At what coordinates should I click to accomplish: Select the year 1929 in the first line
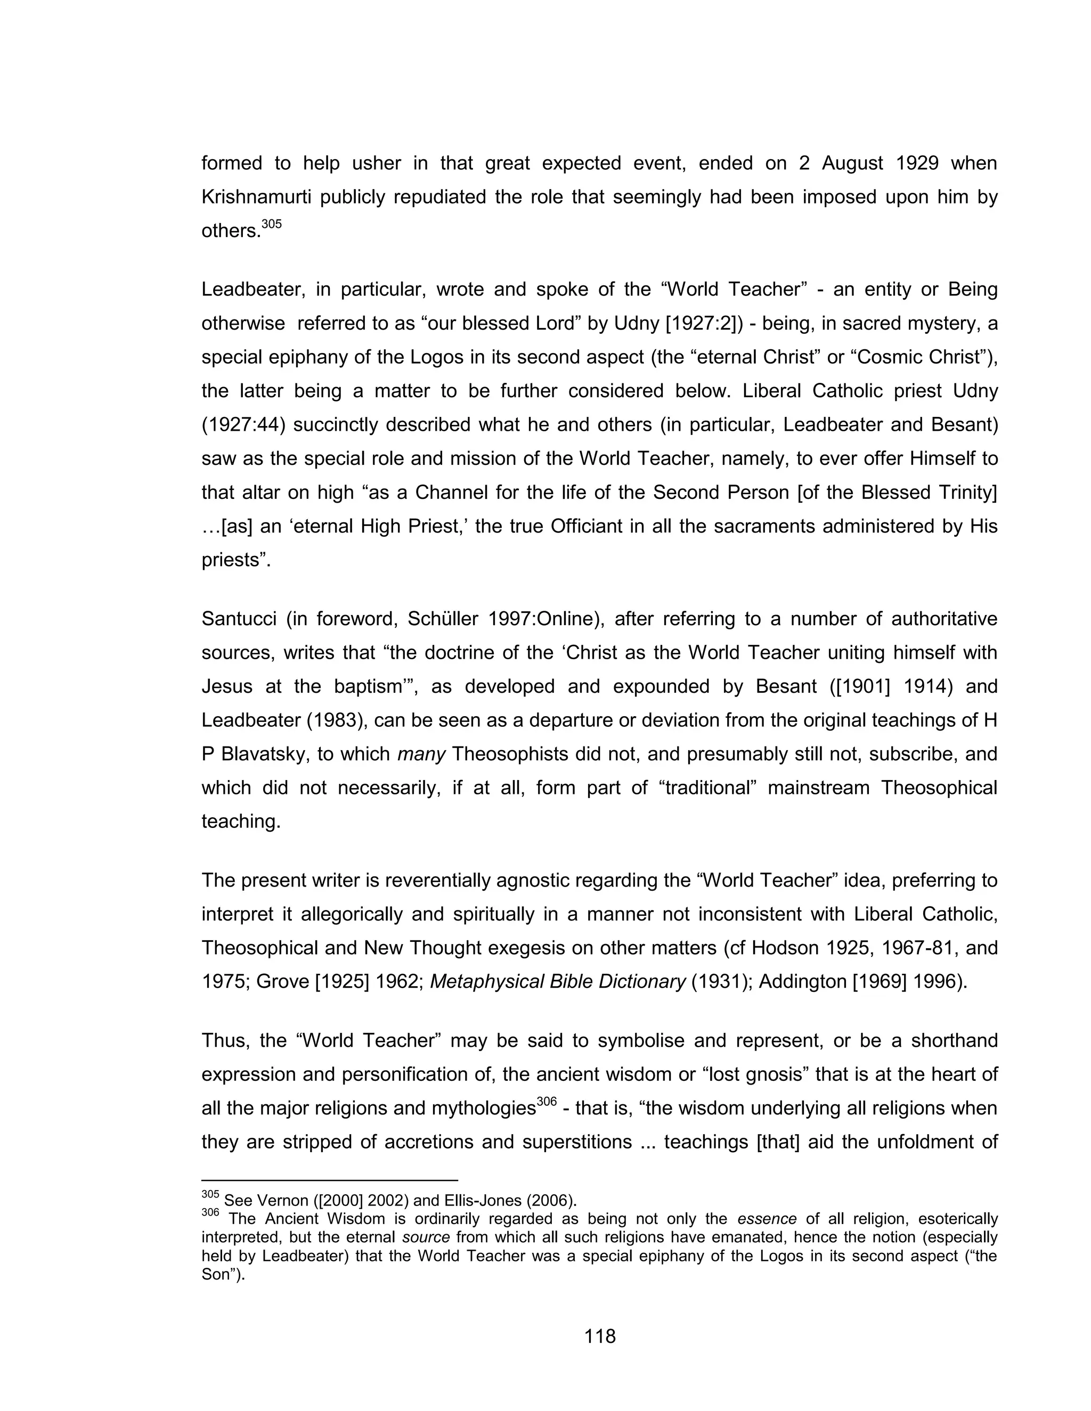point(917,163)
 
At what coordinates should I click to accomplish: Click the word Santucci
point(239,619)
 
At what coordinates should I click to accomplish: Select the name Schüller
point(443,619)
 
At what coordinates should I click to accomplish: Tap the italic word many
point(421,754)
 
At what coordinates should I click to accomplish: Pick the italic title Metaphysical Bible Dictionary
point(557,981)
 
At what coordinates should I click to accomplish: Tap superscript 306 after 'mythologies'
point(546,1102)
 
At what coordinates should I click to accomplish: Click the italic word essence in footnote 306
point(767,1219)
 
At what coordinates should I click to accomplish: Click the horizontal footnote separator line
point(330,1180)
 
